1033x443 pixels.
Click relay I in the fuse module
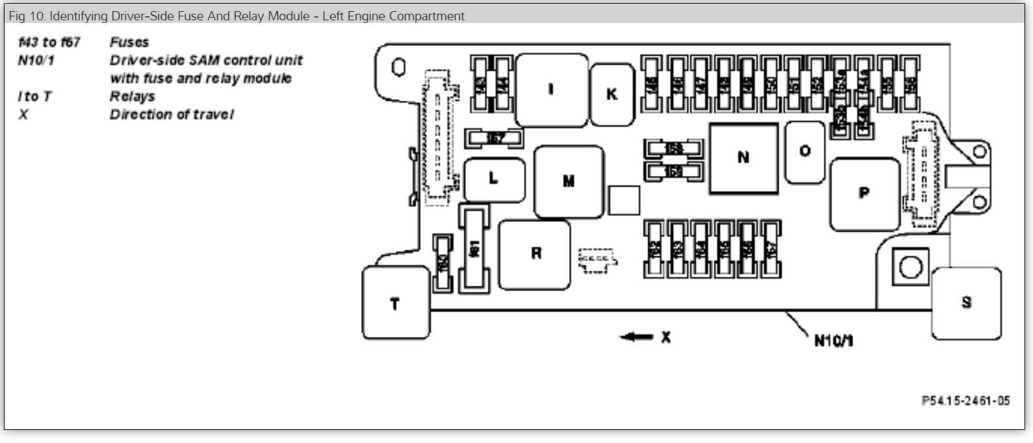pyautogui.click(x=551, y=90)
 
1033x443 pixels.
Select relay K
pyautogui.click(x=612, y=94)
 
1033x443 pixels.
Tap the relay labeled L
pyautogui.click(x=494, y=179)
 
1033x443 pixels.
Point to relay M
pyautogui.click(x=569, y=181)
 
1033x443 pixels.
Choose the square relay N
pyautogui.click(x=743, y=158)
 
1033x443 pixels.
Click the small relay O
pyautogui.click(x=805, y=152)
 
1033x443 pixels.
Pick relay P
pyautogui.click(x=864, y=194)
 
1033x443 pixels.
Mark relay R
pyautogui.click(x=534, y=254)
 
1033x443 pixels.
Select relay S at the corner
pyautogui.click(x=966, y=302)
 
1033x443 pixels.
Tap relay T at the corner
pyautogui.click(x=395, y=304)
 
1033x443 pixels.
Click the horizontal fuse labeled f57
pyautogui.click(x=495, y=138)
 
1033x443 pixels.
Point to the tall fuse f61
pyautogui.click(x=475, y=248)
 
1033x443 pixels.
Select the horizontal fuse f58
pyautogui.click(x=673, y=149)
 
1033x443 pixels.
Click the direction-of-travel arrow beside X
pyautogui.click(x=637, y=337)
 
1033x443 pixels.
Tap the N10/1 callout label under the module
pyautogui.click(x=834, y=340)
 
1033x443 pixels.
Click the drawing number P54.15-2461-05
pyautogui.click(x=965, y=401)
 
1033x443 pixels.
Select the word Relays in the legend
pyautogui.click(x=132, y=96)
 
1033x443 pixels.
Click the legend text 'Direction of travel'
pyautogui.click(x=171, y=115)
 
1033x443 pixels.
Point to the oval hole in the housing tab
pyautogui.click(x=398, y=67)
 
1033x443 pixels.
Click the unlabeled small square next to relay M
pyautogui.click(x=623, y=200)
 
